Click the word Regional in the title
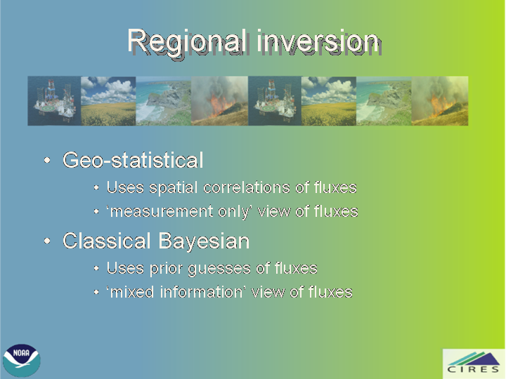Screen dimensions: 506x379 [x=188, y=42]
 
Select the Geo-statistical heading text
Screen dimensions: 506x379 [x=133, y=159]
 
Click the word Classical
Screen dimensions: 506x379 [x=107, y=241]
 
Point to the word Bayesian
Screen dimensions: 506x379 [x=204, y=241]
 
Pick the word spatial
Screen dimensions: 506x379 [x=174, y=188]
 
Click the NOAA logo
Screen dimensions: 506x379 [x=22, y=360]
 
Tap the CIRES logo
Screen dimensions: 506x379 [x=474, y=364]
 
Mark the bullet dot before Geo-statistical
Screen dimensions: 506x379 [x=47, y=160]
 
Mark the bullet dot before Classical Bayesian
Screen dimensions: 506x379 [x=47, y=241]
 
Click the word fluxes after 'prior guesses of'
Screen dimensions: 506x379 [x=297, y=268]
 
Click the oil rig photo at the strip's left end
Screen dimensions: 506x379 [x=54, y=101]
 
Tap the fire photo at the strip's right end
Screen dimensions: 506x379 [x=440, y=101]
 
